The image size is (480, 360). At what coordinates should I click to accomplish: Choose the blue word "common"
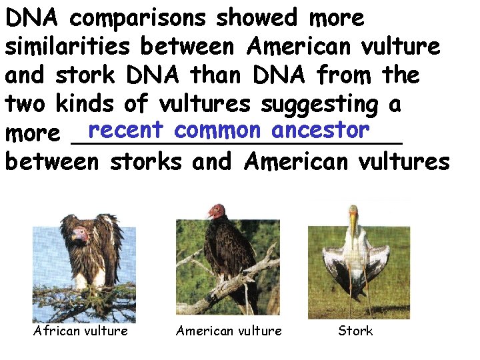[x=218, y=129]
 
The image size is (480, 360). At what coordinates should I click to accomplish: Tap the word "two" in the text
[x=25, y=104]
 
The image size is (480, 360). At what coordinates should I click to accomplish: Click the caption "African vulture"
[x=81, y=331]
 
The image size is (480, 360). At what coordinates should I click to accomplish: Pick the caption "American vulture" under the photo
[x=229, y=331]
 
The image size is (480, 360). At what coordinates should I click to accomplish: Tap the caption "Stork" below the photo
[x=355, y=331]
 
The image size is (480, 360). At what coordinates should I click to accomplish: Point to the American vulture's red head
[x=216, y=212]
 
